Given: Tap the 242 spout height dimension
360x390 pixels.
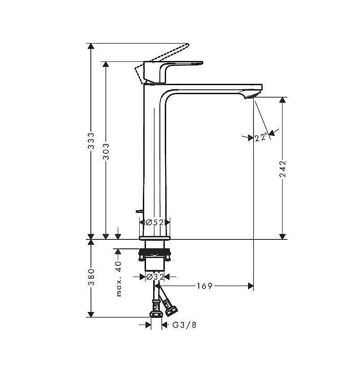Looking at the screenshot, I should tap(283, 169).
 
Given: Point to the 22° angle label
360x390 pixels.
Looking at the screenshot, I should tap(261, 137).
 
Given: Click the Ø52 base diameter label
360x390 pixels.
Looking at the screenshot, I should tap(154, 222).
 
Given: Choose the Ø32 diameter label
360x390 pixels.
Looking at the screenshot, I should tap(155, 277).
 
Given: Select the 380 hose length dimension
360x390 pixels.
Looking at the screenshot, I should tap(91, 277).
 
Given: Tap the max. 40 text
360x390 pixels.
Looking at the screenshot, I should tap(119, 279).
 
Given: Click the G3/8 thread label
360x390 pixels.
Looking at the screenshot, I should tap(184, 325).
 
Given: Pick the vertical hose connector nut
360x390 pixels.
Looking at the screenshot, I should tap(156, 311).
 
